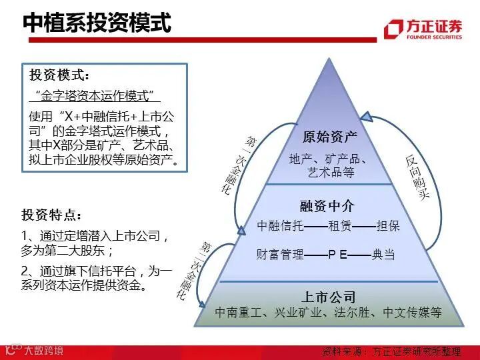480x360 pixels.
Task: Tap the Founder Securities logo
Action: pyautogui.click(x=423, y=29)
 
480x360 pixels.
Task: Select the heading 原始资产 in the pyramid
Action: pyautogui.click(x=330, y=137)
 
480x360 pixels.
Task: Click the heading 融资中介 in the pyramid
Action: pyautogui.click(x=327, y=206)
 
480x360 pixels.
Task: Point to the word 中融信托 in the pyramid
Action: pyautogui.click(x=280, y=226)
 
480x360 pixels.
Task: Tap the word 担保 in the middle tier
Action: pyautogui.click(x=388, y=226)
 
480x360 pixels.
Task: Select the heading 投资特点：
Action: pyautogui.click(x=53, y=215)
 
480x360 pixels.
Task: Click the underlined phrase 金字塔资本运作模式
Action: pyautogui.click(x=94, y=95)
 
